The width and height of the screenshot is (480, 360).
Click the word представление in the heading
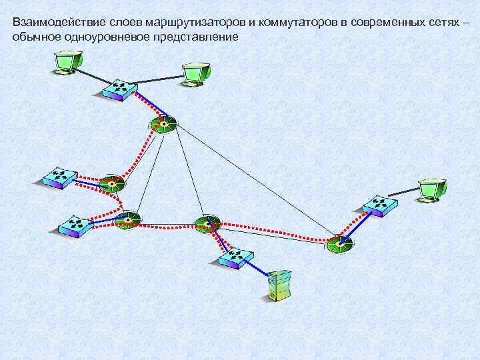pos(200,36)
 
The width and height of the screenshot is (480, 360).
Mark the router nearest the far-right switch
pos(341,245)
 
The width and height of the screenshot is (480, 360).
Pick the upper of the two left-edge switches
pos(59,177)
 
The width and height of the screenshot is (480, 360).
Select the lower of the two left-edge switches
pos(73,226)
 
